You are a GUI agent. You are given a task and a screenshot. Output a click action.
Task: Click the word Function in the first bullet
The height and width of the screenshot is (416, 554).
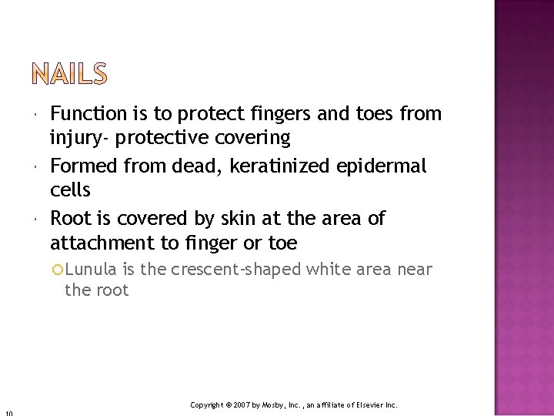(88, 114)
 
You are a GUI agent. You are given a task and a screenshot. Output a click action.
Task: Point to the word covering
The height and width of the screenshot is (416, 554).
(253, 139)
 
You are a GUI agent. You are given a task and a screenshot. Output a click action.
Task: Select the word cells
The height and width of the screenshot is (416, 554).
(70, 190)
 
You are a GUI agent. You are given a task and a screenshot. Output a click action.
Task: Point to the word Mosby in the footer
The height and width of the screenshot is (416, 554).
(274, 404)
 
